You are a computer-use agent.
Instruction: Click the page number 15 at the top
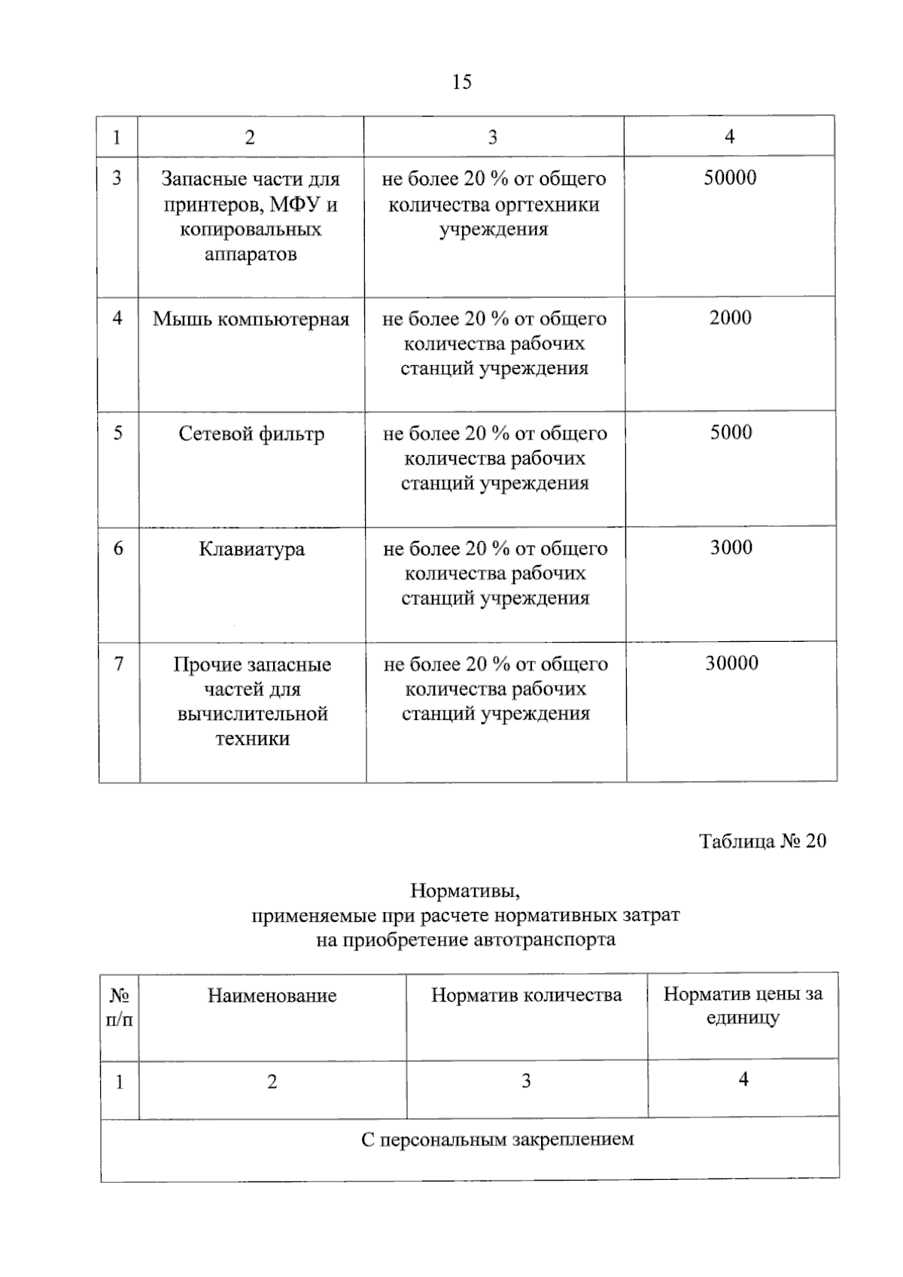point(462,82)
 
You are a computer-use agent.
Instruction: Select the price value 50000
point(730,178)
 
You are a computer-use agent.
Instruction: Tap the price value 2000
point(730,318)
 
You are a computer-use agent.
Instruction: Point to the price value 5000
point(731,433)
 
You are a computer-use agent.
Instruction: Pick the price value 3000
point(731,548)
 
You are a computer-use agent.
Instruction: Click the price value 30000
point(731,663)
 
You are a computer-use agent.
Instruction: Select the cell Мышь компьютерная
point(251,319)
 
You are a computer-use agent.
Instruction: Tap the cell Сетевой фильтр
point(251,434)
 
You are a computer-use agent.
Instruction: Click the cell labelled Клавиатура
point(251,549)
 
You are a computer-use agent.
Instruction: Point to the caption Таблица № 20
point(762,841)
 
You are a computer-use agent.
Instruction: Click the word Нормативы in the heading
point(465,892)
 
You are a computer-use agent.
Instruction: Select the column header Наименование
point(272,996)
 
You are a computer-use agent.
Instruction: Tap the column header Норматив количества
point(526,996)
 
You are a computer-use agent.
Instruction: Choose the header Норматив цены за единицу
point(743,1006)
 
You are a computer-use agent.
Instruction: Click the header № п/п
point(120,1008)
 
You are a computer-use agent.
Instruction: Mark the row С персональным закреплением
point(497,1140)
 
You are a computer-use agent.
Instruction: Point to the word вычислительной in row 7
point(253,714)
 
